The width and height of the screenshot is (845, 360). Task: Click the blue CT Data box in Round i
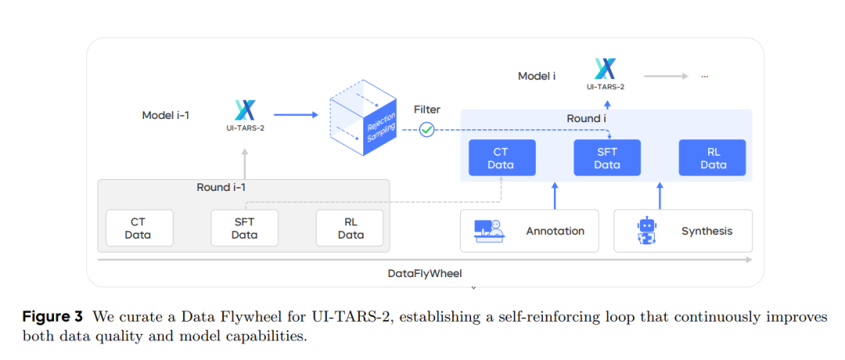(x=501, y=158)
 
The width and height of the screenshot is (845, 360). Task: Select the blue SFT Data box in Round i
(x=607, y=158)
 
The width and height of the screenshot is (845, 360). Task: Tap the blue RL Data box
(x=713, y=158)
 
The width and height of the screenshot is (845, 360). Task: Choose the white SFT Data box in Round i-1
(x=244, y=228)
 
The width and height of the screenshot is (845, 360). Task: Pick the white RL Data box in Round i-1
(x=350, y=228)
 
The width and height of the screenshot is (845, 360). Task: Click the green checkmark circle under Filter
(x=426, y=130)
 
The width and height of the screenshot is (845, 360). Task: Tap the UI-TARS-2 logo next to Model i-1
(x=245, y=110)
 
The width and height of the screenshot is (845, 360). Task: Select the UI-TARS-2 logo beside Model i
(x=605, y=69)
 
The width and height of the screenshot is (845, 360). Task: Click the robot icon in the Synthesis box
(x=646, y=231)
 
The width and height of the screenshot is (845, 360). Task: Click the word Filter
(x=426, y=110)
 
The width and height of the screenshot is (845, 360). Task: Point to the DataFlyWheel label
(x=425, y=273)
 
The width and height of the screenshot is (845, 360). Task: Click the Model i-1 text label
(x=165, y=115)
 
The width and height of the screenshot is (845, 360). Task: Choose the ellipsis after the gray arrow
(x=704, y=76)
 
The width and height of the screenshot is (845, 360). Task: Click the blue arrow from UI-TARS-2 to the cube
(x=296, y=115)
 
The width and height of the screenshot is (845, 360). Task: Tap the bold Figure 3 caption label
(x=52, y=317)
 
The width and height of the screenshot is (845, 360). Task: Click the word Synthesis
(x=707, y=231)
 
